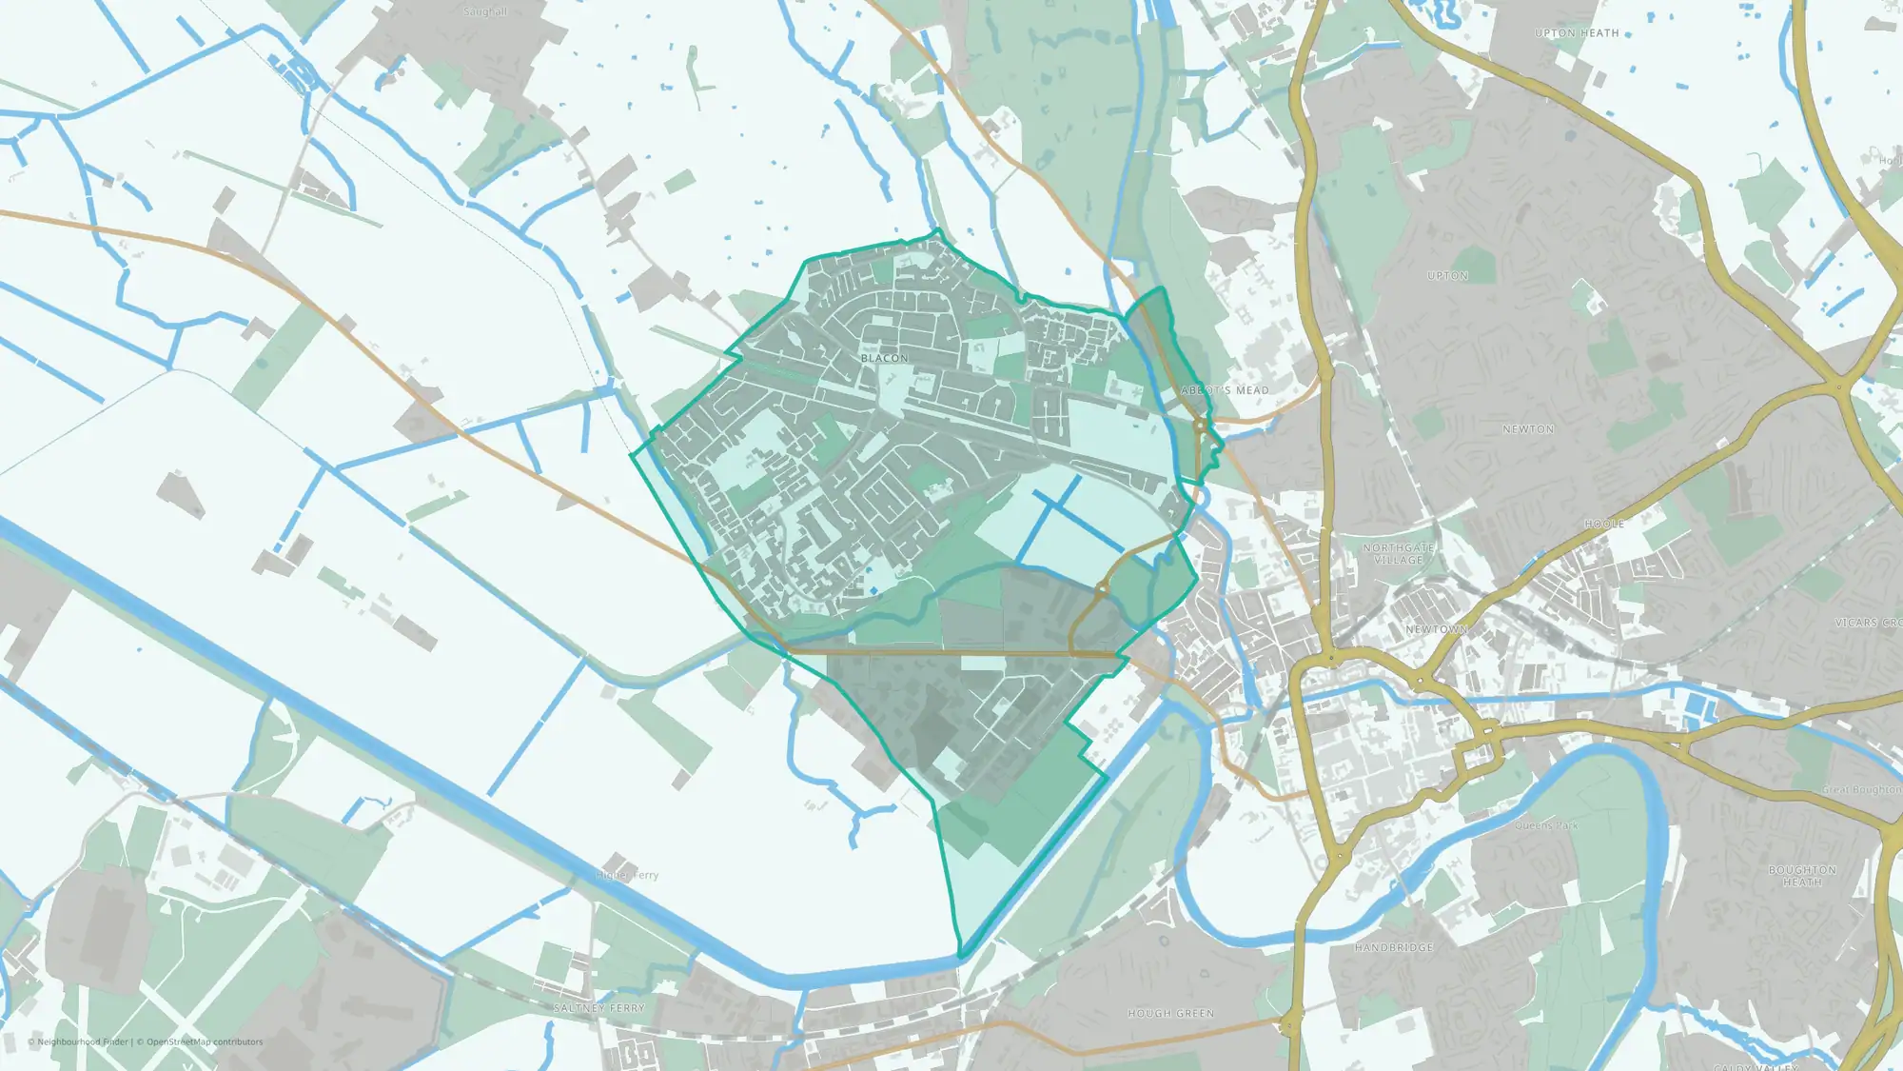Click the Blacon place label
pyautogui.click(x=884, y=358)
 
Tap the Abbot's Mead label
pyautogui.click(x=1225, y=390)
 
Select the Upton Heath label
pyautogui.click(x=1577, y=33)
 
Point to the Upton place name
pyautogui.click(x=1447, y=276)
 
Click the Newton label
pyautogui.click(x=1528, y=429)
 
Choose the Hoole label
pyautogui.click(x=1604, y=525)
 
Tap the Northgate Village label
pyautogui.click(x=1398, y=554)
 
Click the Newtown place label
pyautogui.click(x=1436, y=630)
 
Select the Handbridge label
pyautogui.click(x=1394, y=948)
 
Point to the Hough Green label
pyautogui.click(x=1170, y=1014)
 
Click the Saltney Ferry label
pyautogui.click(x=598, y=1008)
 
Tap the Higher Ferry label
pyautogui.click(x=626, y=875)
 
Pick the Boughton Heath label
pyautogui.click(x=1802, y=876)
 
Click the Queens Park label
pyautogui.click(x=1546, y=825)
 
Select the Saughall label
pyautogui.click(x=485, y=12)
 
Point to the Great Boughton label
pyautogui.click(x=1861, y=790)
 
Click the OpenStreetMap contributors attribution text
pyautogui.click(x=205, y=1041)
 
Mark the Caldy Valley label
pyautogui.click(x=1756, y=1066)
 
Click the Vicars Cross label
pyautogui.click(x=1868, y=623)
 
